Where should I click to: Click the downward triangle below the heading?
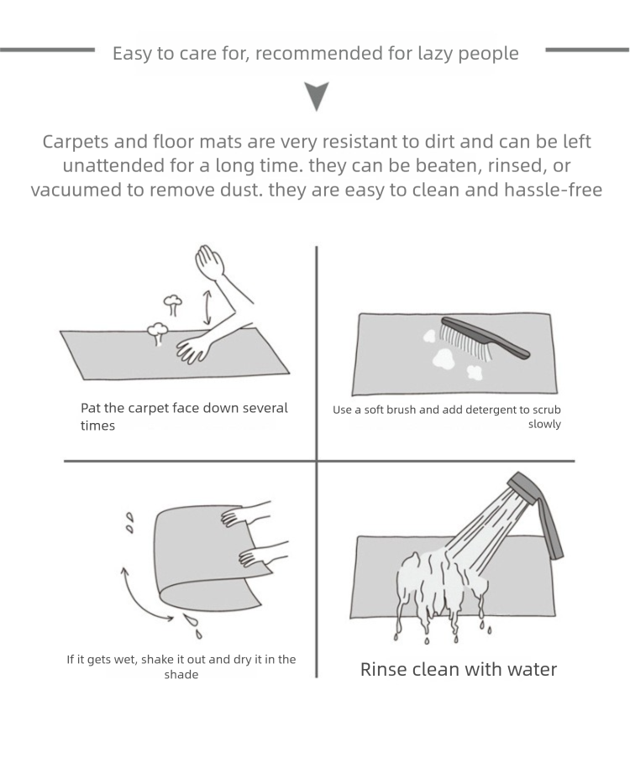point(317,95)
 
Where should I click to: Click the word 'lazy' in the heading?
point(435,54)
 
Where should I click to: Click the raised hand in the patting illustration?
point(210,263)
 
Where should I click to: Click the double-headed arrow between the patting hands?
point(207,307)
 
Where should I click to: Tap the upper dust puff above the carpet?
point(172,304)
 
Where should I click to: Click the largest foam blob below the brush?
point(444,358)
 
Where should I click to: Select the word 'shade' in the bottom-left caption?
point(181,675)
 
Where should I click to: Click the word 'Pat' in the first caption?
point(91,408)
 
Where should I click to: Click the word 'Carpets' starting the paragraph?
point(76,143)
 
